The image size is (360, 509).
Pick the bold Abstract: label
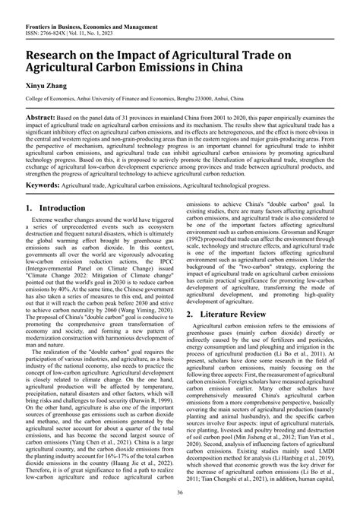46,120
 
